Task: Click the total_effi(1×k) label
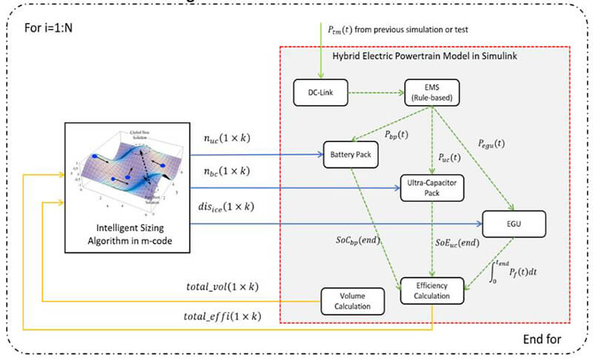point(222,317)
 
